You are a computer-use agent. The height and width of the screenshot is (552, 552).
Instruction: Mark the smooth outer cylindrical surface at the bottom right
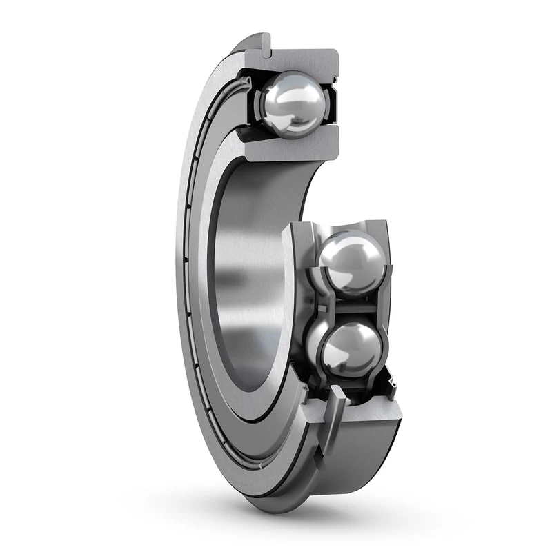click(366, 455)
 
